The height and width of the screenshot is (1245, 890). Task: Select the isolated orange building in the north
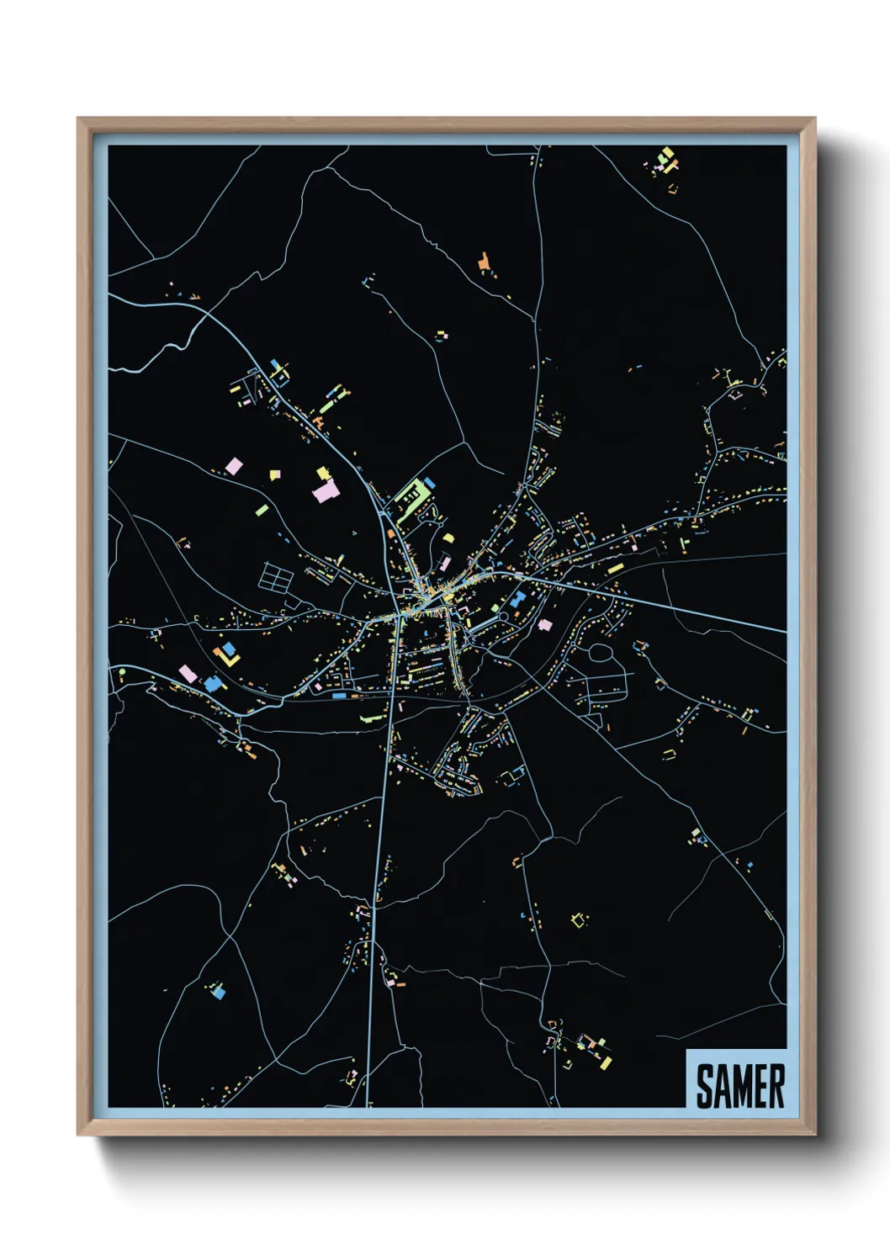pos(484,262)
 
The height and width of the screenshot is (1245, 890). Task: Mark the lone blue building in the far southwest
pos(219,992)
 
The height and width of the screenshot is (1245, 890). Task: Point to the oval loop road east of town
pos(600,653)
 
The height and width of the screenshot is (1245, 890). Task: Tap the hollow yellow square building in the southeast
pos(578,919)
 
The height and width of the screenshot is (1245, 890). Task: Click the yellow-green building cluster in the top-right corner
pos(666,159)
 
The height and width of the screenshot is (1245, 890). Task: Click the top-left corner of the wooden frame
pos(78,119)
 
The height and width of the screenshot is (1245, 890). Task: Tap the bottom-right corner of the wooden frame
pos(814,1135)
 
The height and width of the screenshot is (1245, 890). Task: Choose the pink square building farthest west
pos(187,673)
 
